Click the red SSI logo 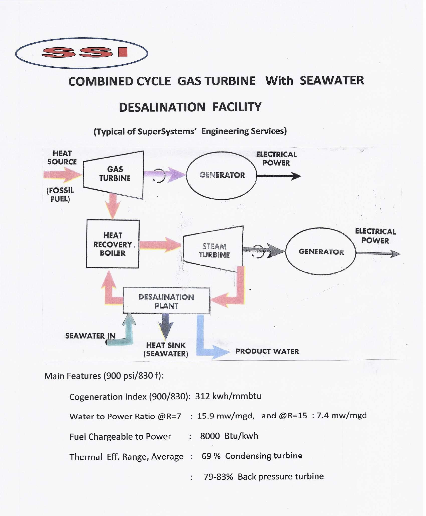[x=85, y=52]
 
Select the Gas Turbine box [x=114, y=175]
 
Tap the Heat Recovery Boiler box [x=113, y=244]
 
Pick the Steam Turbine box [x=213, y=249]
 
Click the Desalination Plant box [x=166, y=301]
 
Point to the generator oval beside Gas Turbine [x=222, y=175]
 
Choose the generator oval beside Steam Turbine [x=321, y=251]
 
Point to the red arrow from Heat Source [x=63, y=175]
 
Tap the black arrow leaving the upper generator [x=279, y=176]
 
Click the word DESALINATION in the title [x=162, y=107]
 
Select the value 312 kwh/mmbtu [x=228, y=396]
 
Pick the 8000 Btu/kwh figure [x=229, y=436]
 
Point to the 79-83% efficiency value [x=218, y=477]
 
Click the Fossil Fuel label [x=60, y=195]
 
